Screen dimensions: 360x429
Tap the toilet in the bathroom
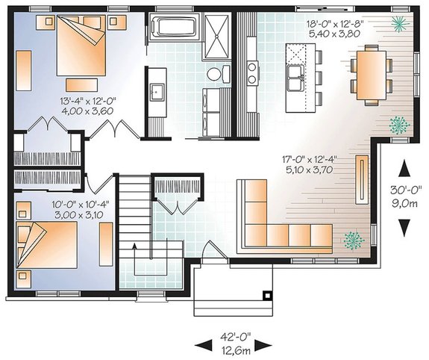point(215,73)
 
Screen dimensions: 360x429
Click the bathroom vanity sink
point(157,92)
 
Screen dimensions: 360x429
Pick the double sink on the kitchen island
point(296,72)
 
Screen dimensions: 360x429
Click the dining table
point(371,72)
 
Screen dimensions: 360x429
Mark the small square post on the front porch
point(266,295)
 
